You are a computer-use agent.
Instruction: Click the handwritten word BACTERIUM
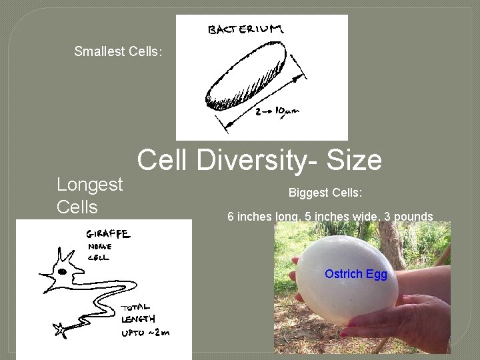[x=245, y=30]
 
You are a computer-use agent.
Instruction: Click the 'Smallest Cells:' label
[x=118, y=51]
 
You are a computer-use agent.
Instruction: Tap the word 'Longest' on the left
[x=90, y=184]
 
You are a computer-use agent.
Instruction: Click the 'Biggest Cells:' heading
[x=325, y=193]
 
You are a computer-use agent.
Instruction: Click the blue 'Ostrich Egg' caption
[x=355, y=274]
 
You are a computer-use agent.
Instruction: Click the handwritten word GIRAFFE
[x=107, y=235]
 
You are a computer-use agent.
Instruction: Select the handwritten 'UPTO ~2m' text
[x=143, y=331]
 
